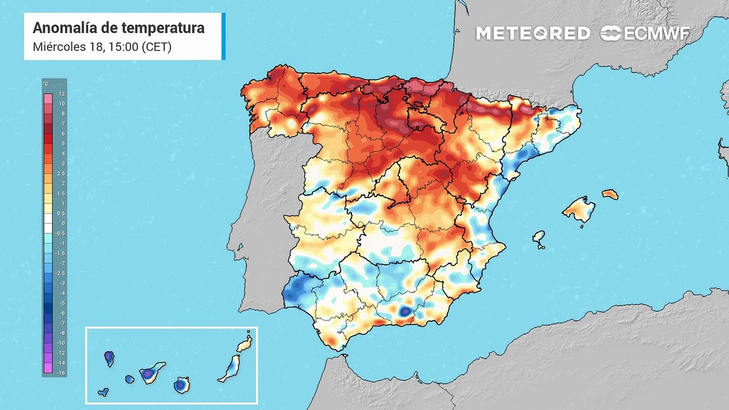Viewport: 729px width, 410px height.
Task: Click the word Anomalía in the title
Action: click(65, 28)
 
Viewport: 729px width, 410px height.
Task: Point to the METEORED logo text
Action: click(533, 33)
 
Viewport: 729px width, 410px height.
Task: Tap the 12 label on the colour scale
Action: click(62, 94)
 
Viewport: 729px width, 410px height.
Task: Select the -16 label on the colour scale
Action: click(61, 373)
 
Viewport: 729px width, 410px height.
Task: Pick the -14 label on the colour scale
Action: click(61, 363)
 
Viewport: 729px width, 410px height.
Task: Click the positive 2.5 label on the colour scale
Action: click(61, 174)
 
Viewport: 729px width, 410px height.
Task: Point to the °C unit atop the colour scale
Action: click(46, 84)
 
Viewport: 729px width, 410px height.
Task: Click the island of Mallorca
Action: click(579, 210)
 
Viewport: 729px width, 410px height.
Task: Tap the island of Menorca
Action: click(610, 195)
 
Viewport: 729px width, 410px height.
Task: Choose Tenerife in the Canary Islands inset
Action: click(151, 372)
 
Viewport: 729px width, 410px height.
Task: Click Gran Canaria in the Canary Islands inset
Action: click(182, 386)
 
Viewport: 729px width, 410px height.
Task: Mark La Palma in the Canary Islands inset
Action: click(109, 359)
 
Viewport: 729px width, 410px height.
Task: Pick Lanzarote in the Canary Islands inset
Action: click(245, 343)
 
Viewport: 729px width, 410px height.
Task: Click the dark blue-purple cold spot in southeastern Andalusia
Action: click(405, 312)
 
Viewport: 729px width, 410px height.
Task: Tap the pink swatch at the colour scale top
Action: click(48, 99)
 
